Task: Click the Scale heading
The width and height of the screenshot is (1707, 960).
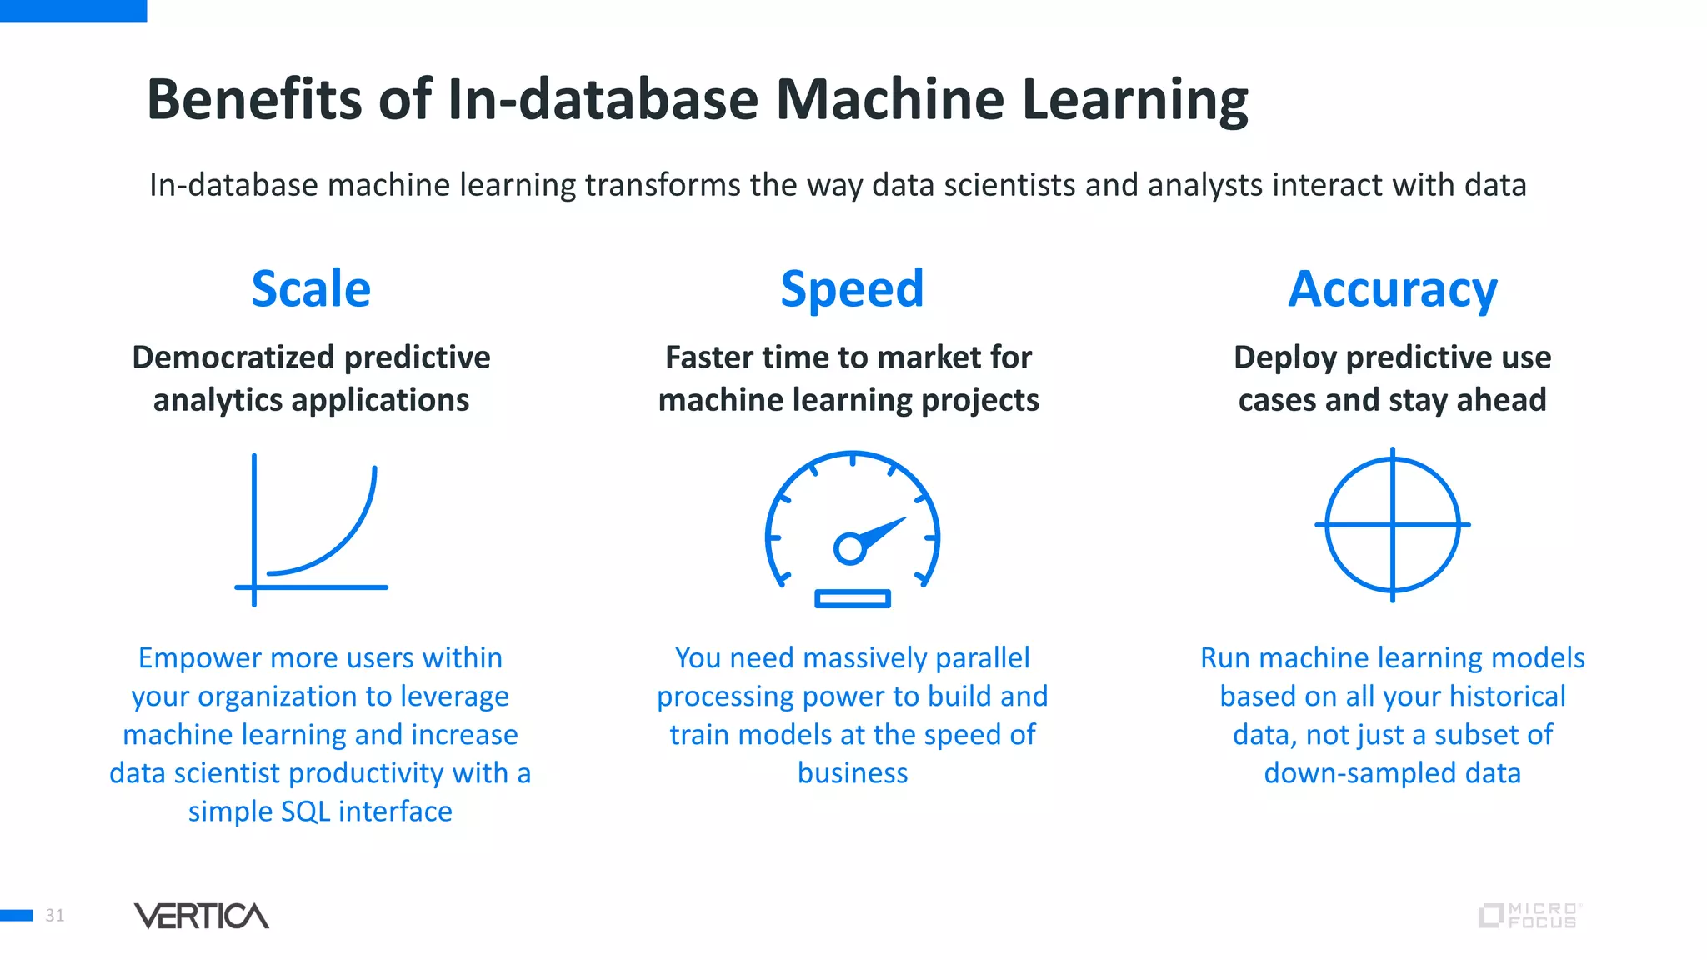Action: pyautogui.click(x=311, y=289)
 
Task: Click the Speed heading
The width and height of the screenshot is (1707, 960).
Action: pyautogui.click(x=852, y=289)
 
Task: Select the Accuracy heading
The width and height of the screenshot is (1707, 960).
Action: pyautogui.click(x=1392, y=289)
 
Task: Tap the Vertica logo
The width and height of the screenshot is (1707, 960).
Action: pyautogui.click(x=201, y=916)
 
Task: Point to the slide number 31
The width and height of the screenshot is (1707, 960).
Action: pyautogui.click(x=55, y=916)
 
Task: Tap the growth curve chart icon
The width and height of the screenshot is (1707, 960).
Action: pyautogui.click(x=312, y=530)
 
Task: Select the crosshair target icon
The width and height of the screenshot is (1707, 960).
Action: pyautogui.click(x=1392, y=525)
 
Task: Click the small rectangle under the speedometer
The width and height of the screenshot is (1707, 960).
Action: pyautogui.click(x=852, y=598)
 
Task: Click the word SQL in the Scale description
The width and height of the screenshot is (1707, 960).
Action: pyautogui.click(x=305, y=812)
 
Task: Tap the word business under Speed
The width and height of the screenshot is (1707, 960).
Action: pyautogui.click(x=852, y=773)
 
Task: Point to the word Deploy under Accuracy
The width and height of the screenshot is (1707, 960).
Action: pyautogui.click(x=1285, y=357)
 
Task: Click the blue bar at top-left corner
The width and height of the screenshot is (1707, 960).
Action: pyautogui.click(x=73, y=10)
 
